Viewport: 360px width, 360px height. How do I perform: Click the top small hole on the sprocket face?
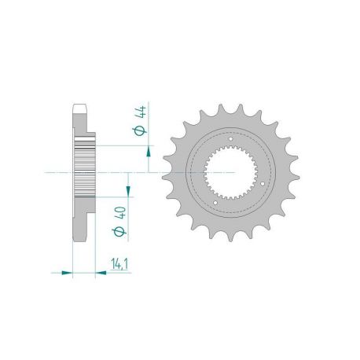(231, 127)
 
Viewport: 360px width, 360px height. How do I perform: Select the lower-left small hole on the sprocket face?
(215, 206)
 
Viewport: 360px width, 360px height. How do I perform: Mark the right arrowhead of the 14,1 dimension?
(101, 273)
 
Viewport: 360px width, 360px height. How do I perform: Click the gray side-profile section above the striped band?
(81, 126)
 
